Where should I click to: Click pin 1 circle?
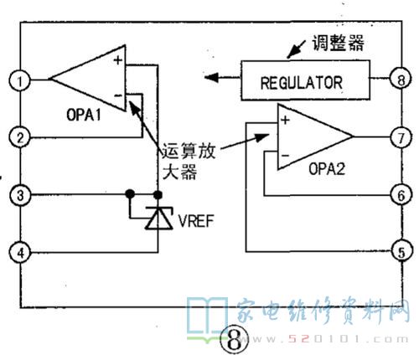[x=19, y=80]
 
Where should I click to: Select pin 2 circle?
[x=20, y=137]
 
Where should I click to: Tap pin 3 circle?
[x=20, y=195]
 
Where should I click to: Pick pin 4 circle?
[x=20, y=253]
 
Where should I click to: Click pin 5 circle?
[x=401, y=252]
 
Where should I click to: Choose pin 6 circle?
[x=401, y=195]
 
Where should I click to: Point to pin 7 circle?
[x=401, y=137]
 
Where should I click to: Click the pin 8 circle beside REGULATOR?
[x=401, y=80]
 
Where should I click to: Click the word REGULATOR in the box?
[x=302, y=83]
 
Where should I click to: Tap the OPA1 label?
[x=84, y=115]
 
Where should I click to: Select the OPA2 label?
[x=327, y=169]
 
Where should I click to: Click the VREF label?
[x=196, y=221]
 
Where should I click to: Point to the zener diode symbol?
[x=159, y=219]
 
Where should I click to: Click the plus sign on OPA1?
[x=118, y=59]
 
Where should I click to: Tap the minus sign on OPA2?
[x=285, y=156]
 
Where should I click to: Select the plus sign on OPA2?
[x=285, y=121]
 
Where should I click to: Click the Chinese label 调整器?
[x=338, y=43]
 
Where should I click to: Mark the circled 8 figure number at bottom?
[x=234, y=340]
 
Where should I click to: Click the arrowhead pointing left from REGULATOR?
[x=211, y=77]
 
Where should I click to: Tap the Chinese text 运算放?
[x=189, y=151]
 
